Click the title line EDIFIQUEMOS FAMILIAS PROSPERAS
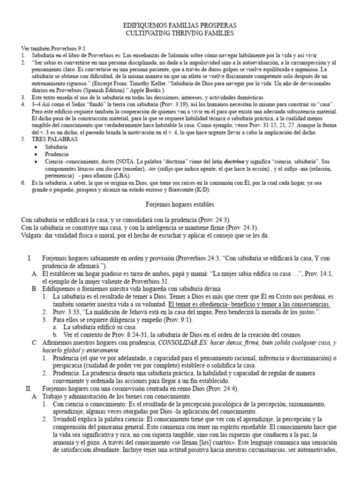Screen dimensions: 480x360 tap(180, 25)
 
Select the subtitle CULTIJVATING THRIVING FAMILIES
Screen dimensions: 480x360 tap(180, 33)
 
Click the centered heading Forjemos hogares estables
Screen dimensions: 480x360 tap(180, 205)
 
